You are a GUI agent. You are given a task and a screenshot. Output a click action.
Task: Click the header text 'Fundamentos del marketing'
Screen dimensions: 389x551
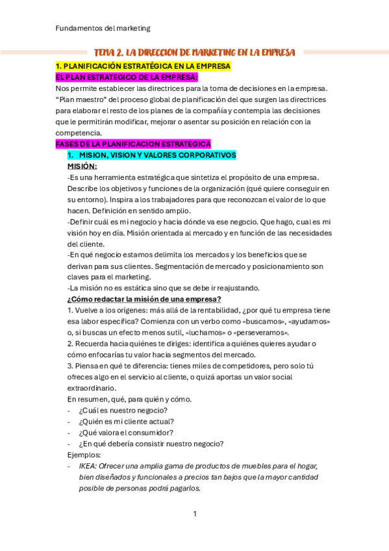pos(103,28)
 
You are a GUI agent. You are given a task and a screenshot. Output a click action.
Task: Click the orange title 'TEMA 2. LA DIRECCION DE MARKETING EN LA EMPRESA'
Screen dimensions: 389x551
pos(194,52)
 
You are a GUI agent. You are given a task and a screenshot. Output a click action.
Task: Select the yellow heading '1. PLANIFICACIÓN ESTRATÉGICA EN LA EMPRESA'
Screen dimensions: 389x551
pos(142,66)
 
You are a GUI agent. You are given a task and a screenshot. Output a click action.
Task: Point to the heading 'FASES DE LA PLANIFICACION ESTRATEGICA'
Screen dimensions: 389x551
pos(133,144)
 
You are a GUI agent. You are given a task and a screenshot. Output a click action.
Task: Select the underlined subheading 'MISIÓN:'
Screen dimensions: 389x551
pos(82,166)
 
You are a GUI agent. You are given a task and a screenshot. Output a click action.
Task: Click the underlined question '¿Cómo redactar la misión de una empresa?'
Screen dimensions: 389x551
pos(144,299)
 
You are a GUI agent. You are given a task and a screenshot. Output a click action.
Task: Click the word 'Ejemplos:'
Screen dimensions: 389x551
pos(85,455)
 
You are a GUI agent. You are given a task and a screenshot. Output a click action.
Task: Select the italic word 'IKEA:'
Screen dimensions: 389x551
pos(90,466)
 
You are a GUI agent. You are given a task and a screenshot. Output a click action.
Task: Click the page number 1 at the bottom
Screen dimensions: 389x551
pos(194,514)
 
